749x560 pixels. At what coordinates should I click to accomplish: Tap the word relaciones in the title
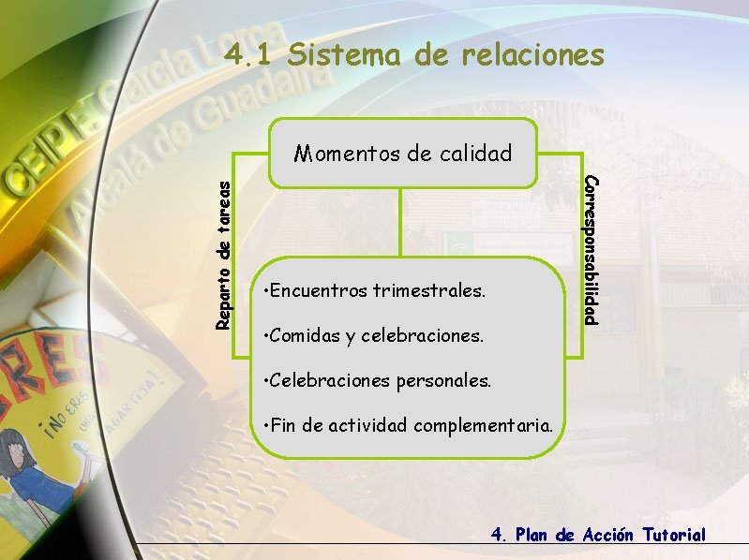[x=532, y=55]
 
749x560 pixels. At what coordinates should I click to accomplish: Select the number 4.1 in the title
[x=250, y=55]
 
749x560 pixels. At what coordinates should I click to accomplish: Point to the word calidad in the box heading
[x=472, y=154]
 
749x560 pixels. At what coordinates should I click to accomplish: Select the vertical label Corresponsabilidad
[x=590, y=249]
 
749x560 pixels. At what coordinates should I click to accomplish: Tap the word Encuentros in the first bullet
[x=318, y=291]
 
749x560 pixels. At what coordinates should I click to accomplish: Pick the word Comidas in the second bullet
[x=305, y=335]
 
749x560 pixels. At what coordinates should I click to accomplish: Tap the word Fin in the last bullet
[x=283, y=425]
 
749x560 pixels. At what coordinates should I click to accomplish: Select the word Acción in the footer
[x=608, y=535]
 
